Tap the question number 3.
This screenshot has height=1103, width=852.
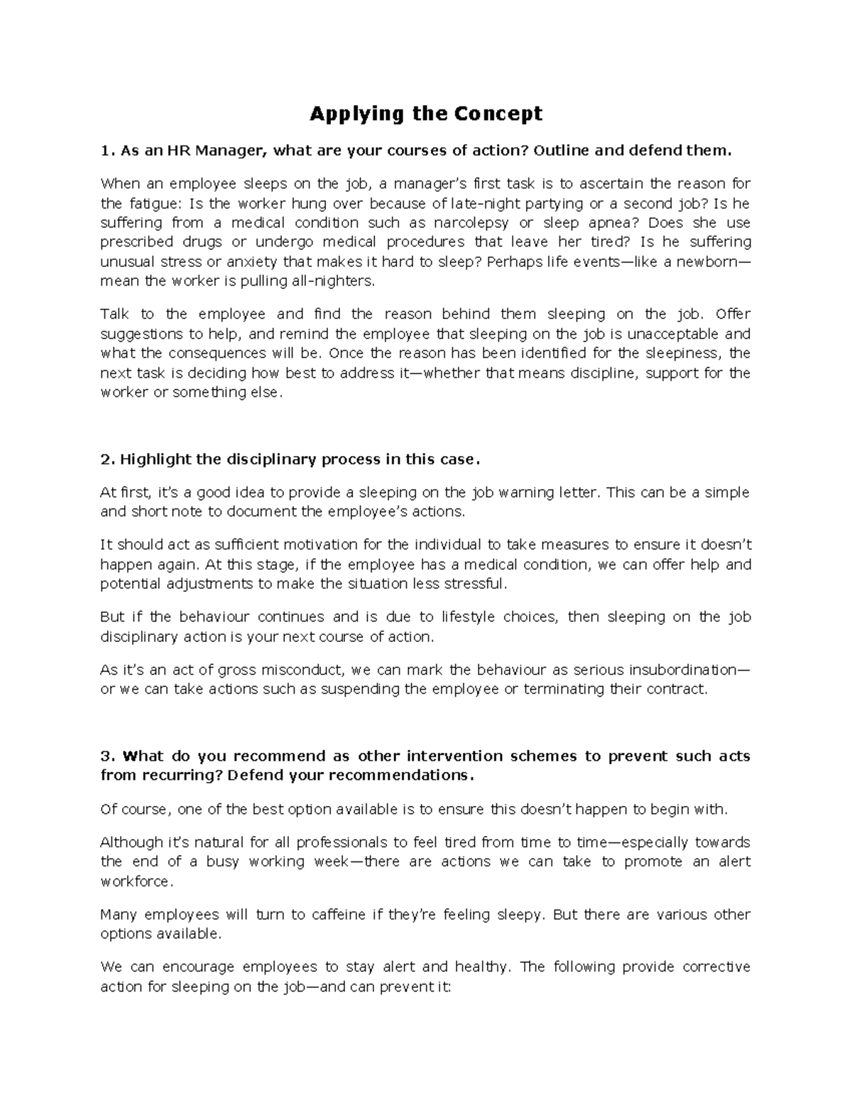pyautogui.click(x=106, y=756)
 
